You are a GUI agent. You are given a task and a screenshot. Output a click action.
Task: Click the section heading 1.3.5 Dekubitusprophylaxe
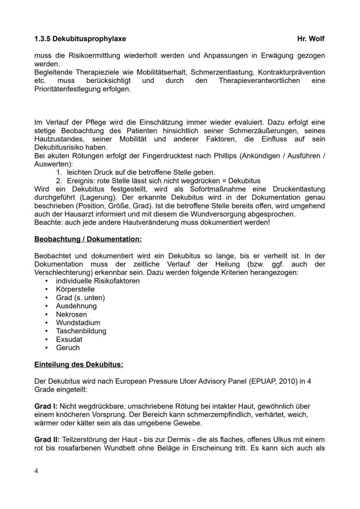[x=80, y=39]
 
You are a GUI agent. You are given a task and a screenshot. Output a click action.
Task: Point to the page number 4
[x=37, y=471]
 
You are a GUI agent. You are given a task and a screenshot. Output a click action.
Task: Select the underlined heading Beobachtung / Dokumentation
[x=88, y=240]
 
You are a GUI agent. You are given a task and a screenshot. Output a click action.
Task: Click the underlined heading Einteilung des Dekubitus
[x=79, y=364]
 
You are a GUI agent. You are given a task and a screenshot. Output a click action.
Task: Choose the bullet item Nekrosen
[x=71, y=314]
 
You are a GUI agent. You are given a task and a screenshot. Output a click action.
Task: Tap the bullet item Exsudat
[x=69, y=339]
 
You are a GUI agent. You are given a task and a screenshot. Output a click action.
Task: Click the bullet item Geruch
[x=68, y=348]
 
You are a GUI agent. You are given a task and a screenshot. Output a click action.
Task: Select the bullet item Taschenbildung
[x=81, y=331]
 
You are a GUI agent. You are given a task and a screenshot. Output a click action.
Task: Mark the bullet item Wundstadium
[x=78, y=323]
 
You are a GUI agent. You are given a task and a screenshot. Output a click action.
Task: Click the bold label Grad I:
[x=46, y=406]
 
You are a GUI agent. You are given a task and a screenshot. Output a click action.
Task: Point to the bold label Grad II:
[x=47, y=439]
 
